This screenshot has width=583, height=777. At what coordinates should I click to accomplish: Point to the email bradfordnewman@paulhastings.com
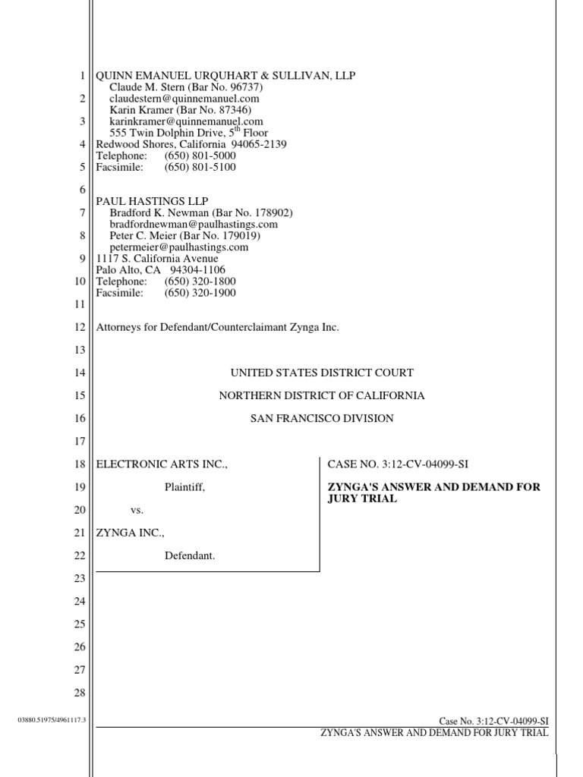[194, 225]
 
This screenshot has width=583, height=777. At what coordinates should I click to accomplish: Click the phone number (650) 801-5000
[200, 156]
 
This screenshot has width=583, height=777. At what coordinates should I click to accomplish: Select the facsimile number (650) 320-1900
[200, 293]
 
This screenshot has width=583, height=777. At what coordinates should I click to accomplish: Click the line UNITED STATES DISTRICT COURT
[322, 373]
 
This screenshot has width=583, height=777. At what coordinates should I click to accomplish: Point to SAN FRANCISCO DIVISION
[322, 418]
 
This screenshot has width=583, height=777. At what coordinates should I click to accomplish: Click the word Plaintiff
[185, 487]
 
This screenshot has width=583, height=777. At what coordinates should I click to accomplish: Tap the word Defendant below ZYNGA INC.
[190, 556]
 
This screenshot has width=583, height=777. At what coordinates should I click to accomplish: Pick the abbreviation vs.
[137, 510]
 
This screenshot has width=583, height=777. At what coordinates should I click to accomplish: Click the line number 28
[80, 693]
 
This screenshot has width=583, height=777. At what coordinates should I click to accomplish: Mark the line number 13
[80, 350]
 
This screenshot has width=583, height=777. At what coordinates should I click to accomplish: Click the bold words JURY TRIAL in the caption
[362, 499]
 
